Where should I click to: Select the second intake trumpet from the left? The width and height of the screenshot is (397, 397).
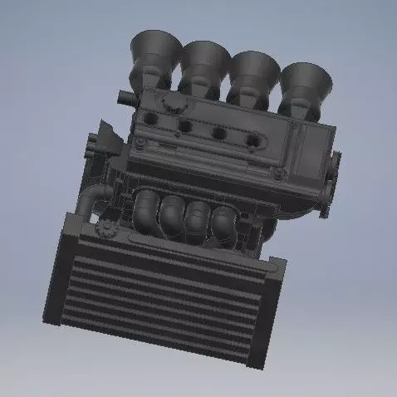[204, 62]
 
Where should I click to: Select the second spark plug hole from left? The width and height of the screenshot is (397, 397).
[185, 125]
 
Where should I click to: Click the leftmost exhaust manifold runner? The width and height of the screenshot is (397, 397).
[147, 208]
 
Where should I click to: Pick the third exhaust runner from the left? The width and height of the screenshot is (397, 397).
[198, 218]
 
